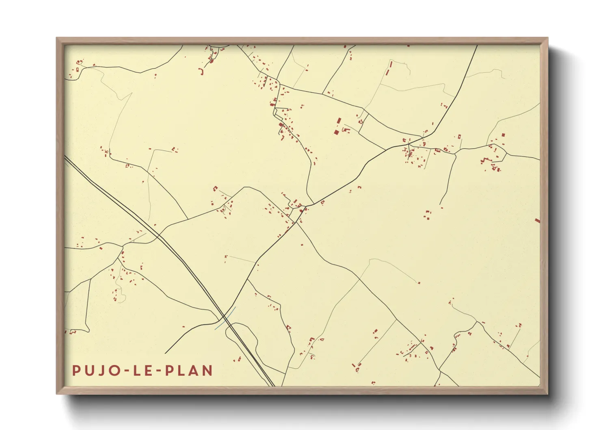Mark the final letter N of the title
(208, 371)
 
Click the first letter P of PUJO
(76, 371)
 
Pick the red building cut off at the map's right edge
(537, 220)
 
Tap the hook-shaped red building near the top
(201, 72)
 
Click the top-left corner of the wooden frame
(57, 38)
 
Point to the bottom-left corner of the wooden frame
(57, 393)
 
